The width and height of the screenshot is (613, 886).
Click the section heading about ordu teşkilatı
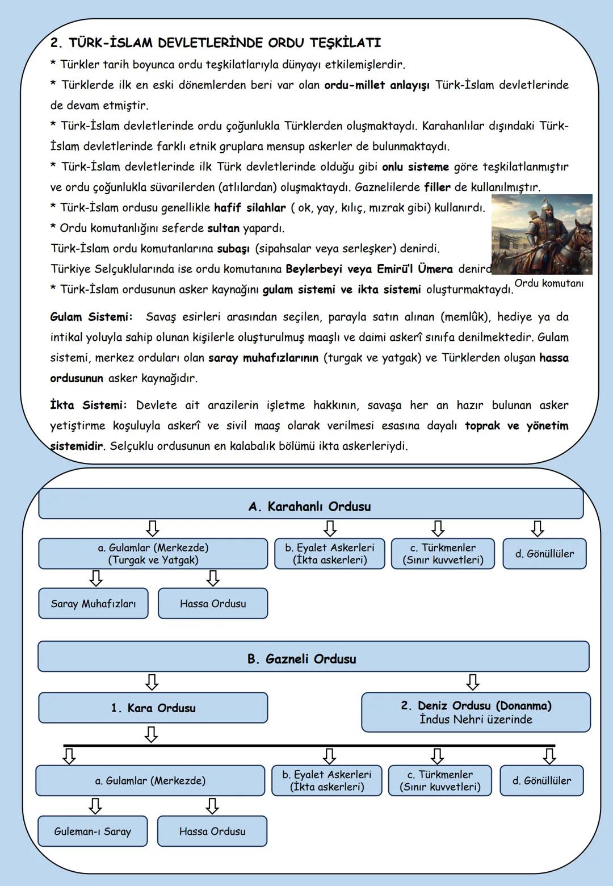pos(216,43)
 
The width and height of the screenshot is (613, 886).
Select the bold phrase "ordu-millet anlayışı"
pos(376,85)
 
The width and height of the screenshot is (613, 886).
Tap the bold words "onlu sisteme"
pos(415,167)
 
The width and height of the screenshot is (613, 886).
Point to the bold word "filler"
pos(437,187)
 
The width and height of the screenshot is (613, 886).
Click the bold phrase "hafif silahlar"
pos(250,208)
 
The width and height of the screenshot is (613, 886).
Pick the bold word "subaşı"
pos(233,249)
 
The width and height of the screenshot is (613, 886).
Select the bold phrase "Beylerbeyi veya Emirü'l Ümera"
pos(369,269)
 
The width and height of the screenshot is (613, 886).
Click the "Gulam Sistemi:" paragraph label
pos(91,317)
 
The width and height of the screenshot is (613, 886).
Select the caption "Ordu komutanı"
pos(549,283)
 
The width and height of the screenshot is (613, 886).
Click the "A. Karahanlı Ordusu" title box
pos(310,506)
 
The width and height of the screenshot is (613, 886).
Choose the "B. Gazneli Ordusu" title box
pos(313,659)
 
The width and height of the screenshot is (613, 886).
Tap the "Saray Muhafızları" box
pos(93,604)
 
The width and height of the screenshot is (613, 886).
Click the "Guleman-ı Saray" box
pos(93,831)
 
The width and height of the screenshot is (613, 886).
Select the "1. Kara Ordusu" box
pos(153,708)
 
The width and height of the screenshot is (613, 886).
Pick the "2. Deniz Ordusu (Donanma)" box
pos(476,712)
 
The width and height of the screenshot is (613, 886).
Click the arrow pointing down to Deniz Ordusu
pos(472,682)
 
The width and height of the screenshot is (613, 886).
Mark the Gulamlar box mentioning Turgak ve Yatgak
pos(153,554)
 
